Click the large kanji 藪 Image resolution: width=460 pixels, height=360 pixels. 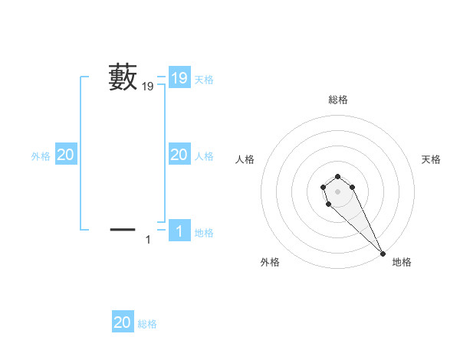(x=123, y=77)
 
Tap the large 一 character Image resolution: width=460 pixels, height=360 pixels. (x=123, y=228)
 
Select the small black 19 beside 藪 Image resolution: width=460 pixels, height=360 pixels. (x=148, y=87)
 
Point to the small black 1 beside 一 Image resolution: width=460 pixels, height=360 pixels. (x=148, y=240)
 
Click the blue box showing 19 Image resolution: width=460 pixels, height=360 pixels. (x=179, y=77)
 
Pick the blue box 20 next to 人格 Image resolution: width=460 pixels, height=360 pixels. (x=179, y=155)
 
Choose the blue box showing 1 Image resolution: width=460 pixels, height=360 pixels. (x=179, y=231)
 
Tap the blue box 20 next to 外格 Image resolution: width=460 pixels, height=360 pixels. (x=65, y=155)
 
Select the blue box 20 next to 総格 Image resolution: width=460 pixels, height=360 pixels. (x=123, y=322)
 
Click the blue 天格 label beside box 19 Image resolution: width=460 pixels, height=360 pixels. (x=204, y=79)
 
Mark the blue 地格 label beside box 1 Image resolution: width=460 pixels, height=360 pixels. (x=204, y=232)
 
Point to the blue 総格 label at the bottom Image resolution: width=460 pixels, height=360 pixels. (x=147, y=324)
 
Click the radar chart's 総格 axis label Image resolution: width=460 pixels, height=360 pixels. (x=338, y=100)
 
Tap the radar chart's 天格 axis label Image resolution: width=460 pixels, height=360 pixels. (x=432, y=159)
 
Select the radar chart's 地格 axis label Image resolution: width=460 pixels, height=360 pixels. (x=402, y=262)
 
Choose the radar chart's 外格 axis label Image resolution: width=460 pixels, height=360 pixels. (x=270, y=262)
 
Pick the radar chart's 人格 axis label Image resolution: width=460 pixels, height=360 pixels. (x=245, y=159)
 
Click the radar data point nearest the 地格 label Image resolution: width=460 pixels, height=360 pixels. (x=383, y=253)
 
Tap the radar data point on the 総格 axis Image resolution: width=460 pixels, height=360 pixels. (x=338, y=175)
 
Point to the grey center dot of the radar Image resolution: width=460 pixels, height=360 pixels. (x=338, y=191)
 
